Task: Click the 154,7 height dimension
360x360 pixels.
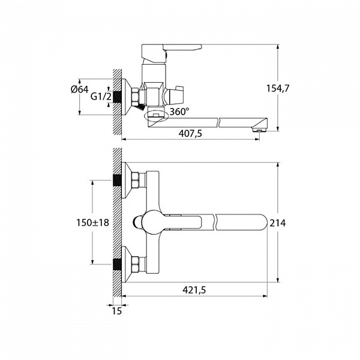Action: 278,88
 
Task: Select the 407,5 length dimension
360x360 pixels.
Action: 190,133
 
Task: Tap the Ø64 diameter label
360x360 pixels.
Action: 79,89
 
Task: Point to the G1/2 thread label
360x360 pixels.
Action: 101,97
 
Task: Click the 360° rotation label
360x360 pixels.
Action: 179,112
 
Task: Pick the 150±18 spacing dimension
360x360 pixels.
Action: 92,223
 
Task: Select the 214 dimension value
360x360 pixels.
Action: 278,223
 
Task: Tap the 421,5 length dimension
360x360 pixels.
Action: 194,290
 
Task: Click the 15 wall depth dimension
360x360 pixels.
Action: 116,311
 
